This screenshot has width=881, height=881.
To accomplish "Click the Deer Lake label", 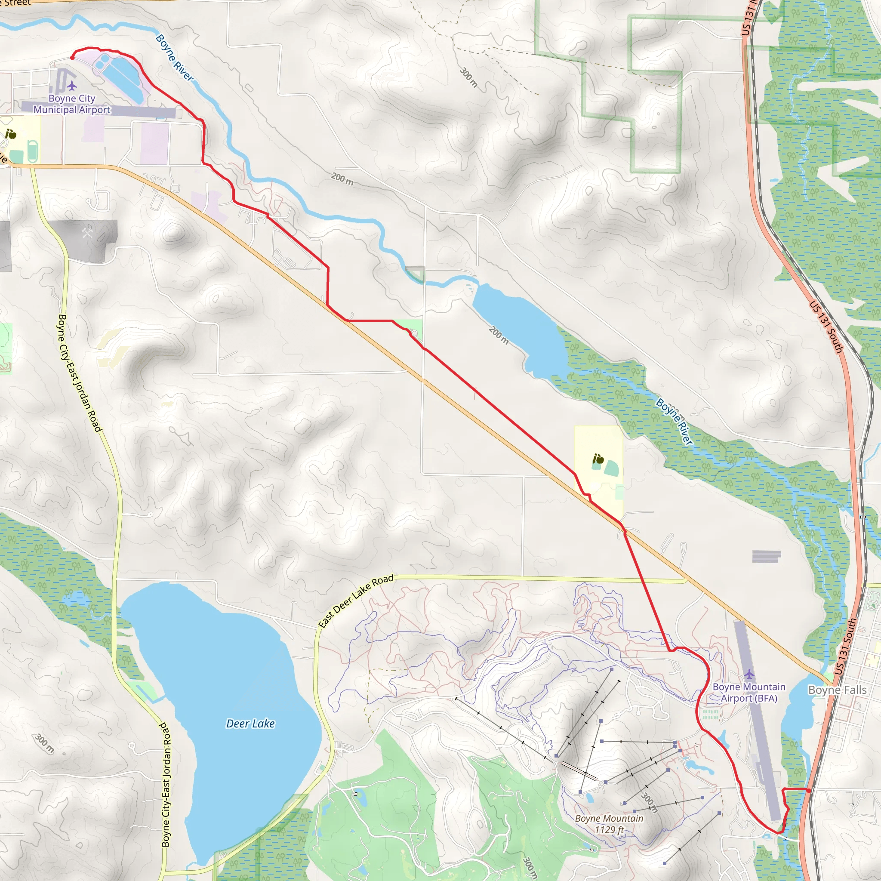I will [x=250, y=724].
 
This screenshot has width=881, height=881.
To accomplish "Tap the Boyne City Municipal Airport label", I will [x=72, y=104].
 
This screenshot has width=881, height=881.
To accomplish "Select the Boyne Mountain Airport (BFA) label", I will [x=749, y=692].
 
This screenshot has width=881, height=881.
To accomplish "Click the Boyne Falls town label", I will [x=837, y=690].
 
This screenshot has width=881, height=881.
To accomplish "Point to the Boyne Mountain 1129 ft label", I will [x=609, y=824].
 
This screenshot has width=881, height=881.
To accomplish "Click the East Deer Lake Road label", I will [x=356, y=601].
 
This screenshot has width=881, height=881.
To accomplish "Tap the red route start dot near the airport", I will [x=72, y=58].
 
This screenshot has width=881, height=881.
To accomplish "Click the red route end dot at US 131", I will [x=808, y=791].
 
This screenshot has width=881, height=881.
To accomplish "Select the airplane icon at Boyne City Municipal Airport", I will [x=71, y=85].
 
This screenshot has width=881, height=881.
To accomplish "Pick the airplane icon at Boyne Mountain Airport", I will [x=749, y=674].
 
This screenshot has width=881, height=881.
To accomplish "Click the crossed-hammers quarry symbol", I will [x=87, y=233].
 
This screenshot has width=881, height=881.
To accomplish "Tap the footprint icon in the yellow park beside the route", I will [x=598, y=459].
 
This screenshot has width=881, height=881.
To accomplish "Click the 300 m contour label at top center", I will [x=469, y=77].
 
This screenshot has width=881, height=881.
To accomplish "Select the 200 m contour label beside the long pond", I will [x=499, y=335].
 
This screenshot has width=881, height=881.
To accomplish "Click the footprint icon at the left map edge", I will [x=11, y=134].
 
